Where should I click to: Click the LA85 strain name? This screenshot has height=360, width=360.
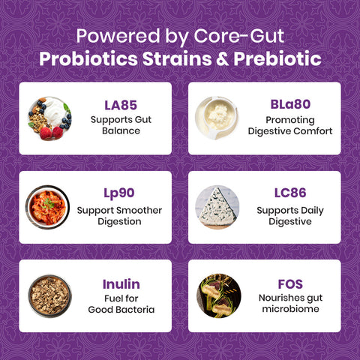[x=120, y=105]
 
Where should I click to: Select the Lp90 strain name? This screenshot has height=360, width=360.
[x=119, y=193]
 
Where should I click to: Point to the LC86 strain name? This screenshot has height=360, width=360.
[x=289, y=193]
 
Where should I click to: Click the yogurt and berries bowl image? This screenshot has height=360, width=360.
[x=50, y=118]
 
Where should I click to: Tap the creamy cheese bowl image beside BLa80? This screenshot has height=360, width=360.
[x=218, y=118]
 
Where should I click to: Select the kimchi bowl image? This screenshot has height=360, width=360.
[x=49, y=207]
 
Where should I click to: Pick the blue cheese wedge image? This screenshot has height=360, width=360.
[x=217, y=207]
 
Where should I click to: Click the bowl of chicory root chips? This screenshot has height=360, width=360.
[x=49, y=295]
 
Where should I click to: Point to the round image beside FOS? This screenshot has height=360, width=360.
[x=218, y=295]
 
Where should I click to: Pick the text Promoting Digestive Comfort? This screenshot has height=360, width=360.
[x=289, y=125]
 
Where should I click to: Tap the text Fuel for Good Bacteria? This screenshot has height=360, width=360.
[x=121, y=303]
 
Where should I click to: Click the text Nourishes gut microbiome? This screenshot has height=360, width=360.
[x=289, y=303]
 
